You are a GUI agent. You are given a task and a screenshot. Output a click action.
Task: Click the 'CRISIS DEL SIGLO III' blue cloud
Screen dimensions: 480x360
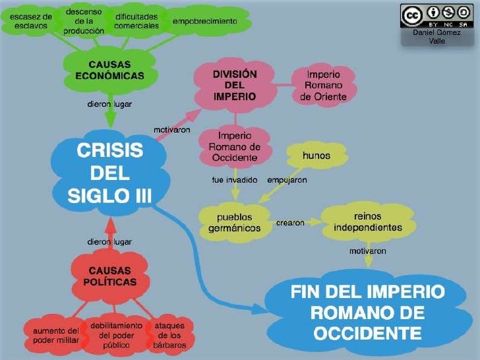pos(109,173)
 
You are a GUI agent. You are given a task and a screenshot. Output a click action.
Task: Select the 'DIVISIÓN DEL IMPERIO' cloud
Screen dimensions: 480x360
pos(234,85)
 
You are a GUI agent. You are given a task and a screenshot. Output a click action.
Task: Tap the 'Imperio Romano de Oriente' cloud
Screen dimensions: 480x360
pos(323,86)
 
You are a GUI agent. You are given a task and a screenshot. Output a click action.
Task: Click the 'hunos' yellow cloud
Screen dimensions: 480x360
pos(316,156)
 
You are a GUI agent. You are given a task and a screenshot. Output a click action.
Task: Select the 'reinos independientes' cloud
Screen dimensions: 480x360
pos(367,222)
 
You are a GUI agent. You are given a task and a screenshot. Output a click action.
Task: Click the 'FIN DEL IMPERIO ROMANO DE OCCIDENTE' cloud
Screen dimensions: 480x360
pos(367,312)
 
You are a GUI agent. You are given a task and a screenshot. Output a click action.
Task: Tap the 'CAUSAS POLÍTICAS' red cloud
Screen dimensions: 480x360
pos(109,276)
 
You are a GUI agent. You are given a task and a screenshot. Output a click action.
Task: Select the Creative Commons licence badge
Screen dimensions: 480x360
pos(436,15)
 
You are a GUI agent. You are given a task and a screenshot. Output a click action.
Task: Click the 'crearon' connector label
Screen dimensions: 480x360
pos(289,223)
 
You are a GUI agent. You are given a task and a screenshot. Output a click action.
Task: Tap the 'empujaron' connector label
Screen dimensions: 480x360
pos(286,179)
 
